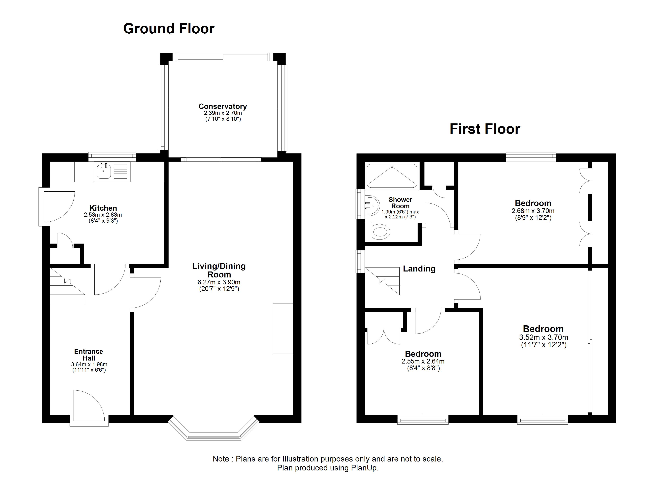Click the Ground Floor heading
coord(169,29)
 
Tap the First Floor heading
coord(485,129)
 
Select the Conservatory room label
coord(223,107)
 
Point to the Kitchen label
coord(103,208)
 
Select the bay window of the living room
coord(213,428)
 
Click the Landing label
coord(419,269)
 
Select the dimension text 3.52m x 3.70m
coord(544,337)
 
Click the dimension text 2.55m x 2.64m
coord(423,361)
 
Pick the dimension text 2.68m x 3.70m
coord(533,211)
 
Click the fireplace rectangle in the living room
coord(283,328)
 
